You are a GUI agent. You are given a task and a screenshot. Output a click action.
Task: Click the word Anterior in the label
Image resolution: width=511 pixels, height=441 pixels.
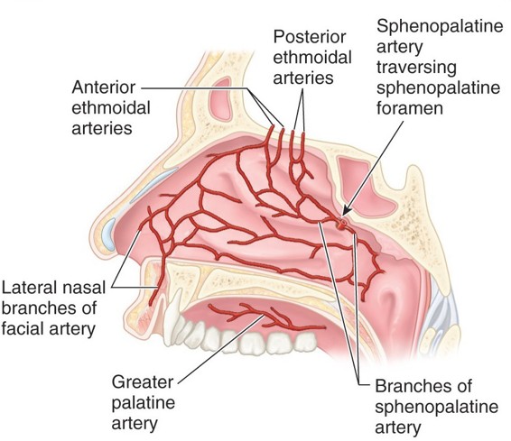[104, 87]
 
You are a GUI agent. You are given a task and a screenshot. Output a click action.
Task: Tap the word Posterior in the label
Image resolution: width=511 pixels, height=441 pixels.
[310, 37]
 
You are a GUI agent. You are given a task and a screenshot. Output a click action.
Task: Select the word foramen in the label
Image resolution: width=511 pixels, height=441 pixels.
[410, 108]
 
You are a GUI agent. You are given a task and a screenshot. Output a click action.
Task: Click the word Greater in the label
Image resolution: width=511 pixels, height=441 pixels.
[143, 381]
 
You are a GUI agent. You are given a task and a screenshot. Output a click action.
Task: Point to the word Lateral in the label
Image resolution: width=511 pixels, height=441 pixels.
[30, 288]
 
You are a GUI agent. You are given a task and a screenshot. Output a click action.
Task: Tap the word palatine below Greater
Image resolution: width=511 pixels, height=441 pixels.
[144, 403]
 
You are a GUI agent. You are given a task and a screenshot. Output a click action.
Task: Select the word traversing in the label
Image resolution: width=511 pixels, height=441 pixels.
[416, 68]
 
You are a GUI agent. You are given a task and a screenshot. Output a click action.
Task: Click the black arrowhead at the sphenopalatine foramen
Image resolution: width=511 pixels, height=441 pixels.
[346, 212]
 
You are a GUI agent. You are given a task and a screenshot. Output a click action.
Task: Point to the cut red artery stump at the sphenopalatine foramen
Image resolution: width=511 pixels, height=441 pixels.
[342, 224]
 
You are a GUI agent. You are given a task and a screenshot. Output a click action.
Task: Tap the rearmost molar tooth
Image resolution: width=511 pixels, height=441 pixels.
[306, 342]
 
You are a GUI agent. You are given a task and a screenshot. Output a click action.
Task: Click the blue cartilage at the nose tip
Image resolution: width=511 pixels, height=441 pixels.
[109, 234]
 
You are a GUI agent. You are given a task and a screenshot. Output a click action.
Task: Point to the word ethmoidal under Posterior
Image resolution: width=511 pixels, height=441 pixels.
[312, 58]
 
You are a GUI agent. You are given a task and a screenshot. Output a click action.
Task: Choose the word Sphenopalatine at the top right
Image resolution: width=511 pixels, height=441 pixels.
[440, 27]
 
